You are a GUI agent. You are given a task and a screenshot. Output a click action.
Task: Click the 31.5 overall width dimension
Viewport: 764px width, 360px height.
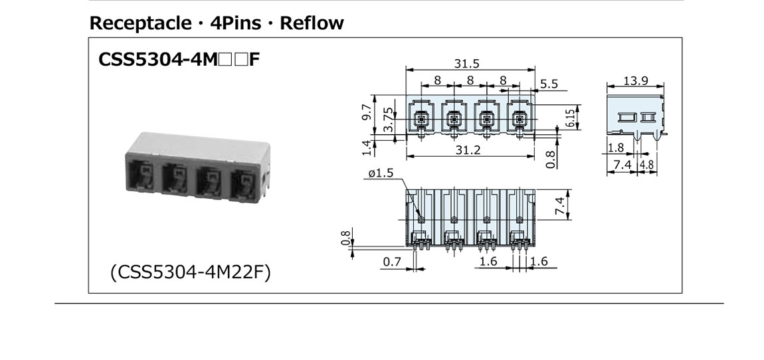(466, 64)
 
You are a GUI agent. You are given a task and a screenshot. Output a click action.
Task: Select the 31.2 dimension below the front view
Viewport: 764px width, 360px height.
(468, 151)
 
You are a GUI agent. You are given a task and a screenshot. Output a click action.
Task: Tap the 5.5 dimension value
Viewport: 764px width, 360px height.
(549, 84)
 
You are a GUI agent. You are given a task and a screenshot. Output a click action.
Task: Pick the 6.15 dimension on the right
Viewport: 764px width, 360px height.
(571, 118)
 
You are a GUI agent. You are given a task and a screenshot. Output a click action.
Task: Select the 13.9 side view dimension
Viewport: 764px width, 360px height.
(636, 80)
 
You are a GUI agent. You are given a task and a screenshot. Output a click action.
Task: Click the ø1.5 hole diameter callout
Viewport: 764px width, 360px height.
(380, 173)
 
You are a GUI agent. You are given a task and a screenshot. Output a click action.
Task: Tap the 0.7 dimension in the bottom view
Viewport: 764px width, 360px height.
(392, 262)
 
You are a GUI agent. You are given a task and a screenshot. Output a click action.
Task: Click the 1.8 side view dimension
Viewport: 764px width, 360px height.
(615, 148)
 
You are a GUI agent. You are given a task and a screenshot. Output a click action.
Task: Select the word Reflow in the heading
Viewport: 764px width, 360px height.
(312, 24)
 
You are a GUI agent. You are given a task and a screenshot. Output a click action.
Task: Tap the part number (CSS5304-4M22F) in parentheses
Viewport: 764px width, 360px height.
(191, 272)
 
